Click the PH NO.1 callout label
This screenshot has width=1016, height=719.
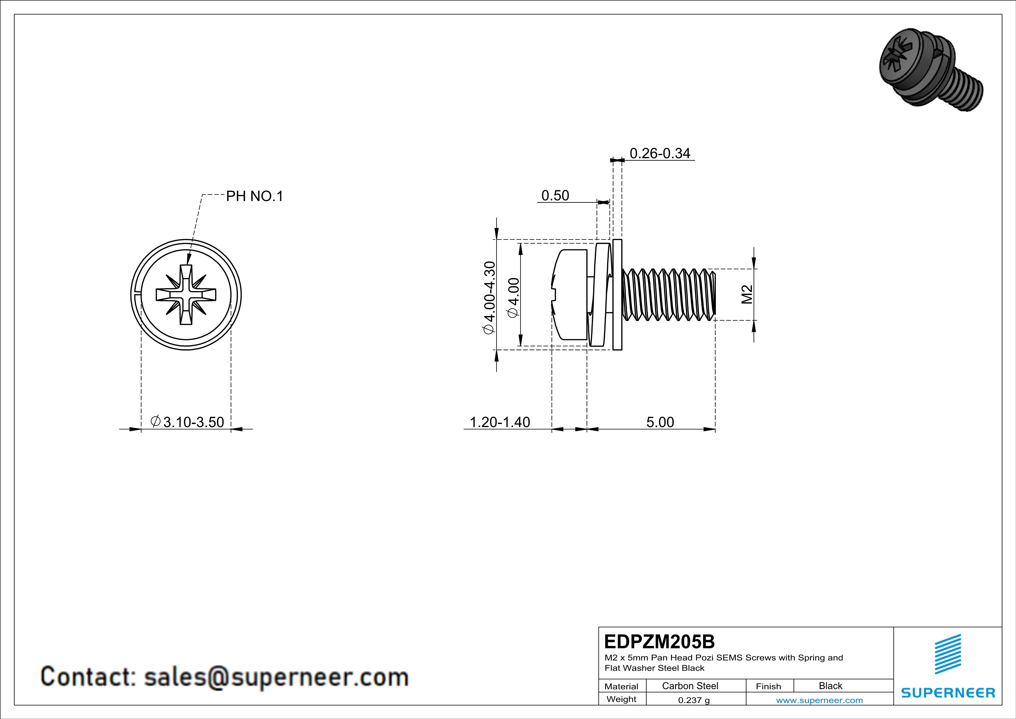(x=254, y=196)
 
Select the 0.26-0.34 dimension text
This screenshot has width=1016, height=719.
(x=659, y=153)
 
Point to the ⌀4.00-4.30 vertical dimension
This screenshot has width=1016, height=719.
(x=489, y=297)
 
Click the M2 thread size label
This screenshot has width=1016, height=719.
(x=747, y=295)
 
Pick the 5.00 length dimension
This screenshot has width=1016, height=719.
(x=660, y=422)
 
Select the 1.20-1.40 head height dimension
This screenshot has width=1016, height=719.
(x=499, y=422)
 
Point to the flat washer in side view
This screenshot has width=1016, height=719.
(x=617, y=295)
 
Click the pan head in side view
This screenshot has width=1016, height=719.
(x=571, y=295)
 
